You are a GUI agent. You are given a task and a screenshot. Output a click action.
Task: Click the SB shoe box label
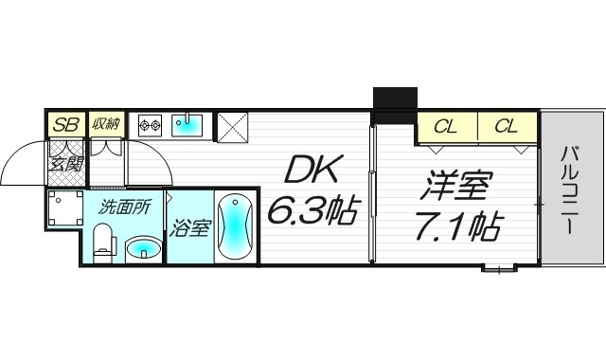pos(65,124)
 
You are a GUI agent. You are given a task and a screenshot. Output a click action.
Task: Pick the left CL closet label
pos(447,125)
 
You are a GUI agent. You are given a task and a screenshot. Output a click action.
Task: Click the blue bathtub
pos(234,227)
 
